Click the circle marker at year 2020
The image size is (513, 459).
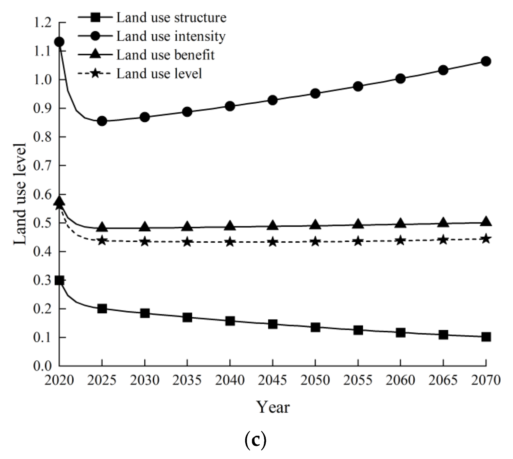59,42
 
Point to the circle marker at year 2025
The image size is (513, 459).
102,121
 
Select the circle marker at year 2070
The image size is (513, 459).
486,61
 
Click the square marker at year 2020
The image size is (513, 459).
59,280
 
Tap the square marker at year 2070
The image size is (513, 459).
486,337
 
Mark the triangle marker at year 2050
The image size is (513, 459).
315,225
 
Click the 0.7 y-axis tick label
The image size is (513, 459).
42,166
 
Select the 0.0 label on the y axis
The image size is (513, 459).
42,366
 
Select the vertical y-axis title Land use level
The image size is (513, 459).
20,194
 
